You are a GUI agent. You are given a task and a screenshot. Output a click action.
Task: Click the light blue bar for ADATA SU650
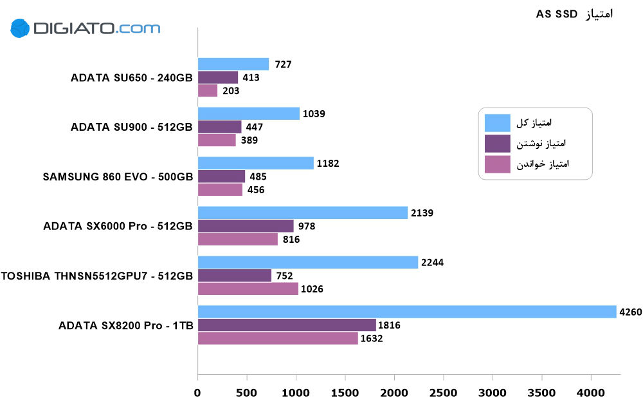(233, 64)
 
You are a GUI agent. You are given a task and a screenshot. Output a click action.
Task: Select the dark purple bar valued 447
(219, 126)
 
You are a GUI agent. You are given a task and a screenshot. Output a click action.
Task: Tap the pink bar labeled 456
(220, 189)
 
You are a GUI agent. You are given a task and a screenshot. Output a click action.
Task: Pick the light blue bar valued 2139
(302, 213)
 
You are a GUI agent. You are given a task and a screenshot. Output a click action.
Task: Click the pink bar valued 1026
(248, 289)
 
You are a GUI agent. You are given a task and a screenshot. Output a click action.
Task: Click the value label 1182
(328, 163)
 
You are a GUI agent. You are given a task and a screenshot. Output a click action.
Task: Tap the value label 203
(231, 91)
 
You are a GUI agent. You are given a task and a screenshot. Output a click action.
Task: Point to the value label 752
(284, 276)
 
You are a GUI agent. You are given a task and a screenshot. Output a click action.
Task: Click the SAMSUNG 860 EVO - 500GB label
(118, 176)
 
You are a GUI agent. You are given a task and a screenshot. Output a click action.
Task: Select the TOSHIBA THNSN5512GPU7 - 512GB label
(97, 276)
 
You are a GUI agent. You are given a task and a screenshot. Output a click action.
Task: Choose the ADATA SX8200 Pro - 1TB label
(125, 325)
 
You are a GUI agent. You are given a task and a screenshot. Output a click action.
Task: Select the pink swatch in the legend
(497, 164)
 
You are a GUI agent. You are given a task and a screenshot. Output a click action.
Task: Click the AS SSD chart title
(574, 14)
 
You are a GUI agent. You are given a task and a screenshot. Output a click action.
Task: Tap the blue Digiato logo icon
(21, 28)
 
